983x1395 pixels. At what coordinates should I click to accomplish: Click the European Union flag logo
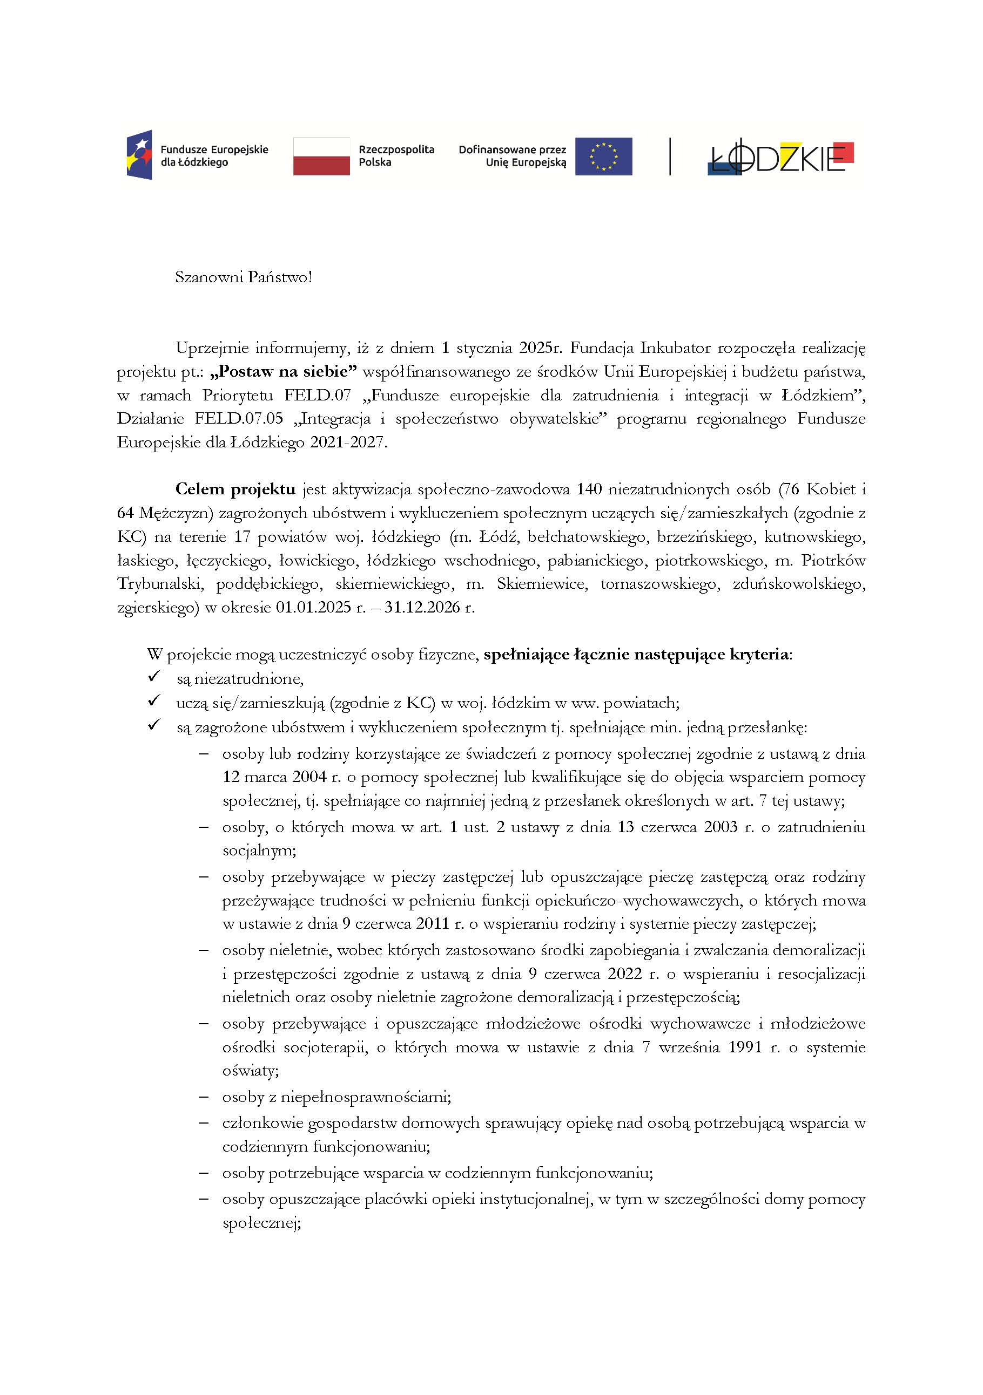[x=603, y=156]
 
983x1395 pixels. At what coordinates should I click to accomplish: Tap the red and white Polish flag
[x=321, y=156]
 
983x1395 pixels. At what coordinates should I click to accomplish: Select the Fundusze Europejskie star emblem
[x=139, y=154]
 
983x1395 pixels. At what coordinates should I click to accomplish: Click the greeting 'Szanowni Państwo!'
[x=243, y=278]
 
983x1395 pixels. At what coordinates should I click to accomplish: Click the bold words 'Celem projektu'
[x=235, y=489]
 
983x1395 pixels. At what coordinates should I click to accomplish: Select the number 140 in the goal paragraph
[x=589, y=489]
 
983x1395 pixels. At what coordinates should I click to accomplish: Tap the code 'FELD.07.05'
[x=239, y=419]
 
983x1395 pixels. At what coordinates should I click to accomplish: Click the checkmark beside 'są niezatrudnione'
[x=154, y=676]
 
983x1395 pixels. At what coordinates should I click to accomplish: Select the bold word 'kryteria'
[x=760, y=655]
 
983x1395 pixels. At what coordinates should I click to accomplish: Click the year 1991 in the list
[x=745, y=1047]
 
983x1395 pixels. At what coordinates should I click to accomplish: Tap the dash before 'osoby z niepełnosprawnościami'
[x=204, y=1097]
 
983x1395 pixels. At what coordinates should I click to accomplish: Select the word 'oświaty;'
[x=251, y=1071]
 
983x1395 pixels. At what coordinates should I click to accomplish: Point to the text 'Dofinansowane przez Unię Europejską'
[x=512, y=156]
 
